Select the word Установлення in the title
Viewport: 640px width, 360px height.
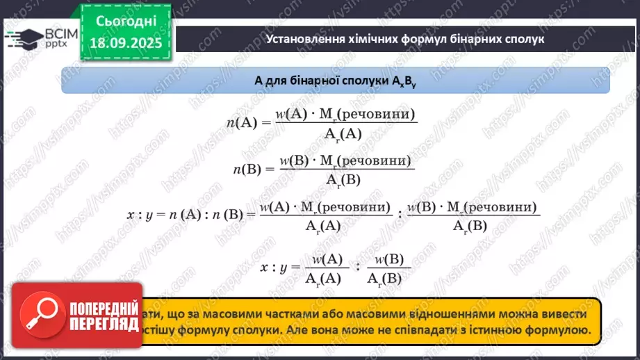click(301, 39)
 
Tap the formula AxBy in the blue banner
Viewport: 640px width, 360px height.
click(402, 81)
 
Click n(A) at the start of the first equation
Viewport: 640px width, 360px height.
click(242, 123)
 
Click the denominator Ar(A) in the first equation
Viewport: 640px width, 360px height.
click(343, 135)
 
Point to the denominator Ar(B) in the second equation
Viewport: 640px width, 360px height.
click(343, 179)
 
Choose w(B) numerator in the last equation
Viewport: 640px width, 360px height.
click(389, 259)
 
